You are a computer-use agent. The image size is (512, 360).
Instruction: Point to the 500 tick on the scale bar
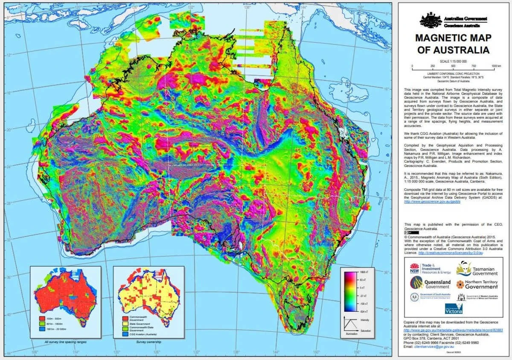453,66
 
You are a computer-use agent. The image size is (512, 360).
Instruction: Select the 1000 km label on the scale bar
496,66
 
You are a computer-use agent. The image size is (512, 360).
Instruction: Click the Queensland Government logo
431,283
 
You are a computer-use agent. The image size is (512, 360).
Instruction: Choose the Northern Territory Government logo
477,284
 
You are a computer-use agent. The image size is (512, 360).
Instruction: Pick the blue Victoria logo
453,308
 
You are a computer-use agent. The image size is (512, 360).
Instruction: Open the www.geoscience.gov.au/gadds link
432,202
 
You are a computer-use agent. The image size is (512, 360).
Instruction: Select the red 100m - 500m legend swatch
41,318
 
